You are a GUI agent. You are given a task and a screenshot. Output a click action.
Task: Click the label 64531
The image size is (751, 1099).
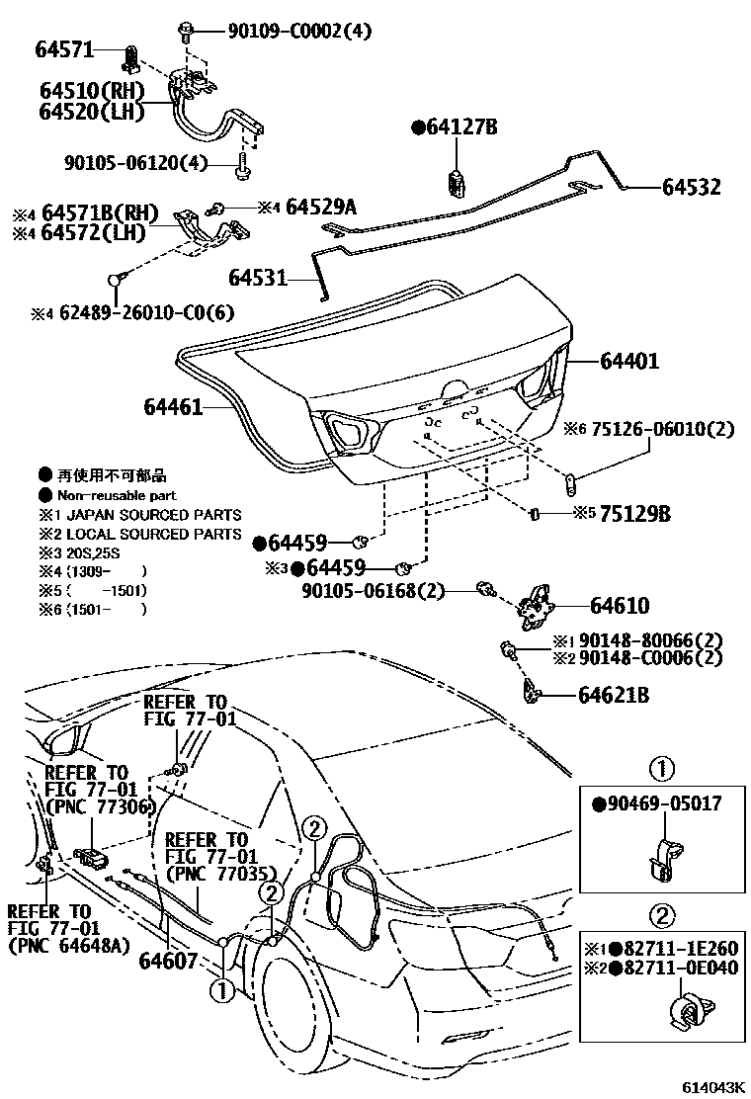coord(257,280)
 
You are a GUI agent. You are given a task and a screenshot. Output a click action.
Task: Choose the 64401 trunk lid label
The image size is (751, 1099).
coord(629,362)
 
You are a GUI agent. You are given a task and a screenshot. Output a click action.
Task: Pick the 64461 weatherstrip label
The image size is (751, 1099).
coord(173,406)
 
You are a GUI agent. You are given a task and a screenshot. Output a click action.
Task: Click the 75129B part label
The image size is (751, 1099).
coord(636,514)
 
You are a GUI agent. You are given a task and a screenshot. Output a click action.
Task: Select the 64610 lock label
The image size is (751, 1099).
coord(621,606)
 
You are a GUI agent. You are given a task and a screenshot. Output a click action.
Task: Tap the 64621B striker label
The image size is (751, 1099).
coord(614,696)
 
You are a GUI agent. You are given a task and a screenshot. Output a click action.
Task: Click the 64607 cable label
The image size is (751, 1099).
coord(168,960)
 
